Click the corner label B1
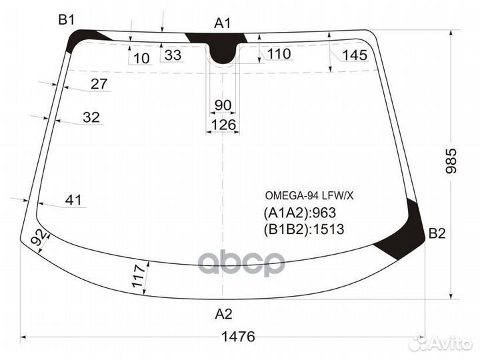coord(66,20)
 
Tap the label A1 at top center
coord(222,23)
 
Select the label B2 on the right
coord(437,233)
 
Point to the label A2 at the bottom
coord(223,314)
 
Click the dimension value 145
coord(354,55)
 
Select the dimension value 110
coord(278,53)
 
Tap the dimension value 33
coord(173,55)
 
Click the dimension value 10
coord(141,59)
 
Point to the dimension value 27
coord(99,84)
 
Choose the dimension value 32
coord(91,117)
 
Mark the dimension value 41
coord(73,199)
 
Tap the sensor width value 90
coord(223,105)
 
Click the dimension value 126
coord(223,125)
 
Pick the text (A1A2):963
coord(299,213)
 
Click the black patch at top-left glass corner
coord(83,39)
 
